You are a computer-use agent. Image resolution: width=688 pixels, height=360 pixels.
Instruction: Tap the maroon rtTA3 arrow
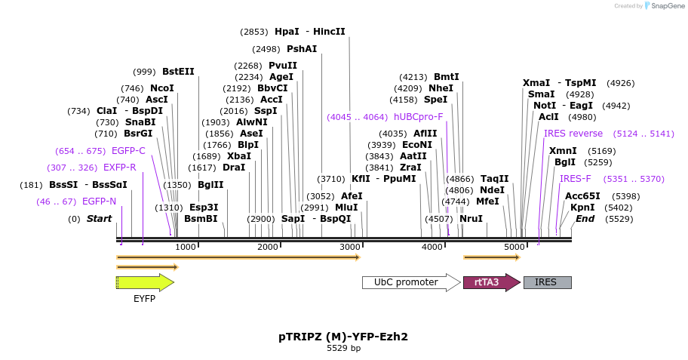click(490, 282)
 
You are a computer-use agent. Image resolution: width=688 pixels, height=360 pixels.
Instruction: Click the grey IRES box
click(547, 282)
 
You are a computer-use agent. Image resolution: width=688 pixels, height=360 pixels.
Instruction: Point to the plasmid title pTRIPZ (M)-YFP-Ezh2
click(343, 337)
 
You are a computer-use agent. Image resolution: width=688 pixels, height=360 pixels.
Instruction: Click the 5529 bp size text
click(343, 349)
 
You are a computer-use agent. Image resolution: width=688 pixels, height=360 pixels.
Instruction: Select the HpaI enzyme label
click(287, 32)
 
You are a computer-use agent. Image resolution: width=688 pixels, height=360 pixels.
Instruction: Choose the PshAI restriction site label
click(302, 48)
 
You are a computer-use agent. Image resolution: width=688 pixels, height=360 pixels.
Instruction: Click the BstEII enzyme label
click(178, 72)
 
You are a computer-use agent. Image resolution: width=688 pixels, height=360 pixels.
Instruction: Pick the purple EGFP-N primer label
click(100, 202)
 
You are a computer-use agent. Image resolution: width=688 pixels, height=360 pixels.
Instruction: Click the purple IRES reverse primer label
click(573, 134)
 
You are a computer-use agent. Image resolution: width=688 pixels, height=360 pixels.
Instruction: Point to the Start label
click(99, 219)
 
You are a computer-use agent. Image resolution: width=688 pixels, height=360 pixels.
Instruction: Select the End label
click(585, 219)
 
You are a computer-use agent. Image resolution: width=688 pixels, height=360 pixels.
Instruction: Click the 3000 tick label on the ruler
click(349, 248)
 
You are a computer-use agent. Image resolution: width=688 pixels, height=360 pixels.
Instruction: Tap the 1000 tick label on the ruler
click(185, 248)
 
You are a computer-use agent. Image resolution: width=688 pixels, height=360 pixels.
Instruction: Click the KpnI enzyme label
click(582, 208)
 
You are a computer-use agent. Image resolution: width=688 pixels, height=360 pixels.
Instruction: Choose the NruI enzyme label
click(471, 219)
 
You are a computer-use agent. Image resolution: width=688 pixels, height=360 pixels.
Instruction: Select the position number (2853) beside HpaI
click(254, 32)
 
